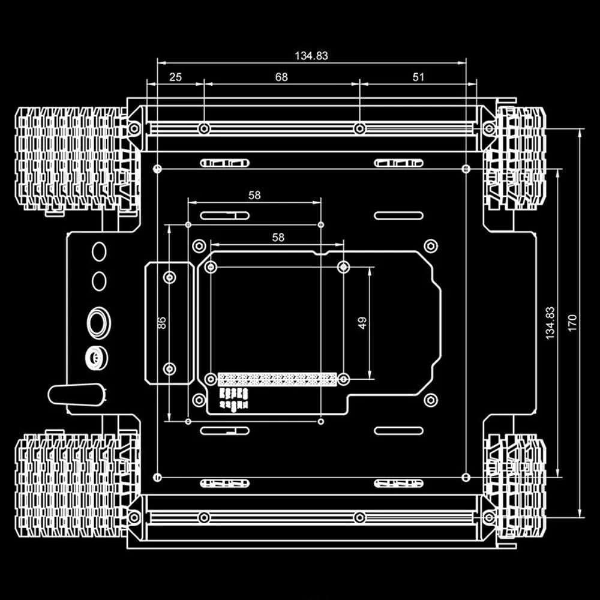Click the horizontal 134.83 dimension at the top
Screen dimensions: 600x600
pyautogui.click(x=311, y=56)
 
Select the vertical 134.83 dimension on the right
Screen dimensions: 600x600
pyautogui.click(x=550, y=323)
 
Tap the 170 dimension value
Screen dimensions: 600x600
pyautogui.click(x=572, y=323)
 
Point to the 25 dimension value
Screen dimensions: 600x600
pyautogui.click(x=175, y=77)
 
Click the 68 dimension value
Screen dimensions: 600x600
pyautogui.click(x=281, y=77)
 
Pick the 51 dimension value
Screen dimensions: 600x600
pyautogui.click(x=419, y=77)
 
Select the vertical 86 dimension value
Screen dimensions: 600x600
pyautogui.click(x=161, y=323)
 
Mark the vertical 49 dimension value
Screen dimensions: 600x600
pyautogui.click(x=362, y=323)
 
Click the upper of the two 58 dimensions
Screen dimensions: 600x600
pyautogui.click(x=254, y=195)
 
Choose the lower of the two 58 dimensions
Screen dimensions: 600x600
pyautogui.click(x=278, y=238)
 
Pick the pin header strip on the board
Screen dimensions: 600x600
pyautogui.click(x=277, y=379)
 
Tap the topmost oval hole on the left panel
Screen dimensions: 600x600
pyautogui.click(x=99, y=251)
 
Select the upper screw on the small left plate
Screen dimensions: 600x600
pyautogui.click(x=170, y=277)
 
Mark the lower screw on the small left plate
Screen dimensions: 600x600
pyautogui.click(x=170, y=368)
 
